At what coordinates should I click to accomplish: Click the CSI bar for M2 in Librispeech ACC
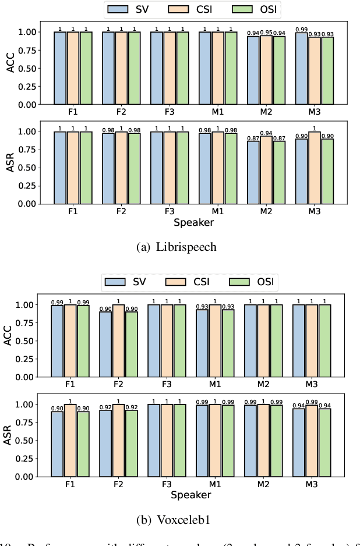[x=266, y=70]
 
